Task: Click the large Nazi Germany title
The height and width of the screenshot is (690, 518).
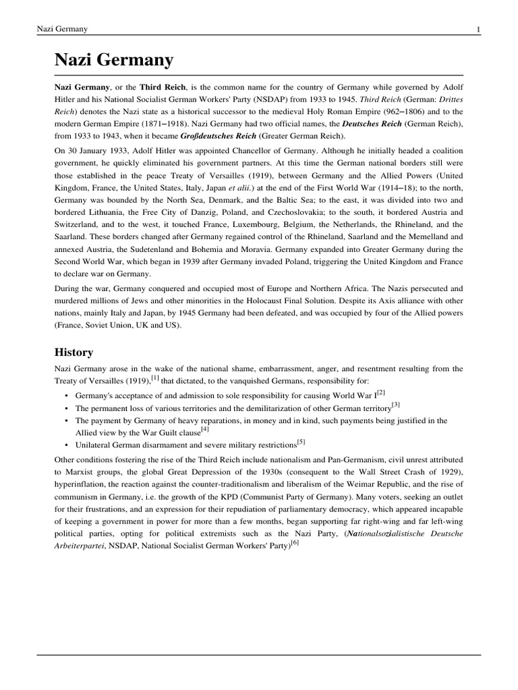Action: (x=114, y=61)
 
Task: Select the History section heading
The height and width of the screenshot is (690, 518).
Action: (x=74, y=352)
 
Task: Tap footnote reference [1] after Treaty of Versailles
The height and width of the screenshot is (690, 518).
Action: (x=154, y=378)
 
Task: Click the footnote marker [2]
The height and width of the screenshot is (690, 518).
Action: (x=381, y=391)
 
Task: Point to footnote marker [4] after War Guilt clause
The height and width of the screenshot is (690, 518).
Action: (x=204, y=429)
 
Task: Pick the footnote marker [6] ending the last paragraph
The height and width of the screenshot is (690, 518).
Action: (x=295, y=542)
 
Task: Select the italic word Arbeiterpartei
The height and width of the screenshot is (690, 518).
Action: (x=80, y=546)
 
